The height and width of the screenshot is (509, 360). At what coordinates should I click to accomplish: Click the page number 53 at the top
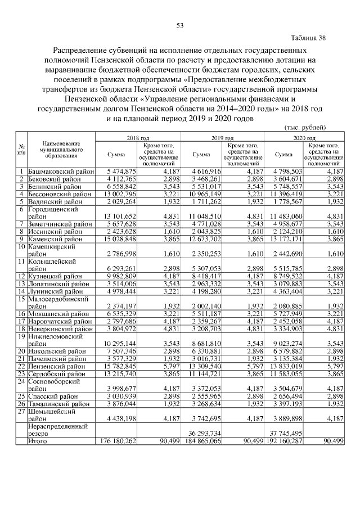(x=181, y=25)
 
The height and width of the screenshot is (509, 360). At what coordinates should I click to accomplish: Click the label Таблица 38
(x=308, y=38)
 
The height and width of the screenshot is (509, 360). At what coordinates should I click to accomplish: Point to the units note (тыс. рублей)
(x=305, y=129)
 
